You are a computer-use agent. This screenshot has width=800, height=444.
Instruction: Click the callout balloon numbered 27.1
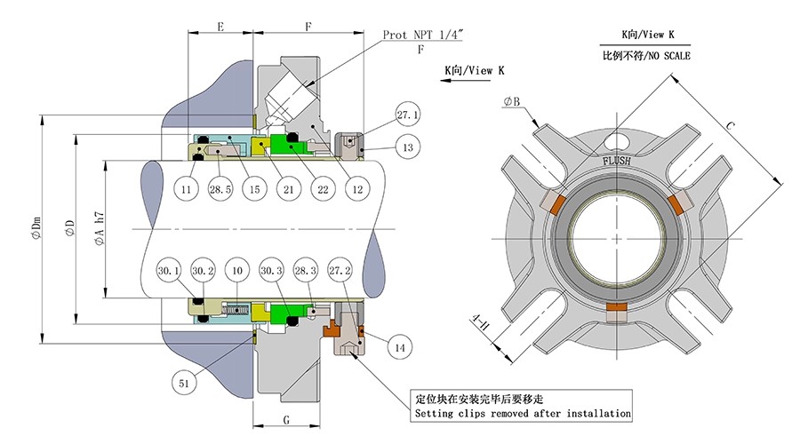point(408,115)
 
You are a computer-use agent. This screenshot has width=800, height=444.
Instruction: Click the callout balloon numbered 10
point(236,270)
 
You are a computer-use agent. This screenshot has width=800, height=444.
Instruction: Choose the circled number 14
point(400,349)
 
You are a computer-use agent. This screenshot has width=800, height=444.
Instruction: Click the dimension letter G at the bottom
point(288,418)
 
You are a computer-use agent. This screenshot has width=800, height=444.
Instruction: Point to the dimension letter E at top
point(220,28)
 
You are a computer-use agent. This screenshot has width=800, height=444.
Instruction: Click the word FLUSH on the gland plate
point(617,161)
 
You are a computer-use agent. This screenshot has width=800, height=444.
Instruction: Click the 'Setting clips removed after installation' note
point(523,414)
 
